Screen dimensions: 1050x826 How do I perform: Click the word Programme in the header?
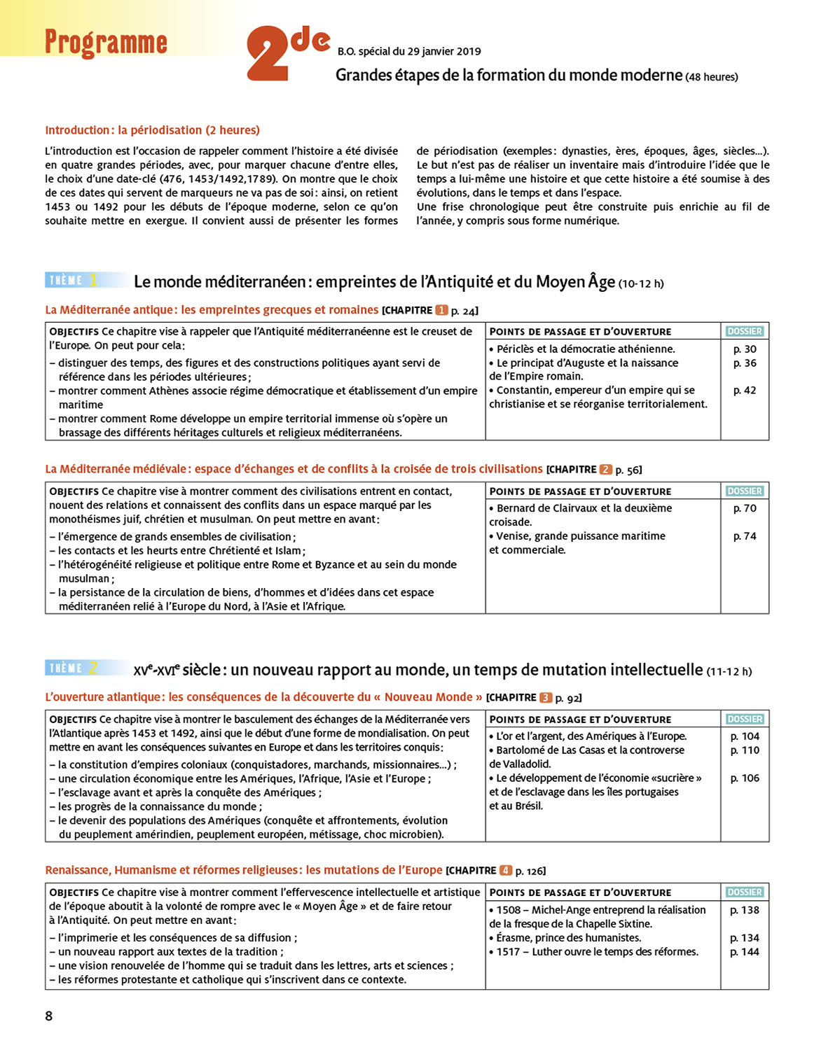point(106,43)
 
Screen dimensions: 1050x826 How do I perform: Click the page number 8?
point(48,1016)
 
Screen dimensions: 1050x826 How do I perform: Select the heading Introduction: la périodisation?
point(152,130)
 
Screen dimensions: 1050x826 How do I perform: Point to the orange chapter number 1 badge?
point(441,310)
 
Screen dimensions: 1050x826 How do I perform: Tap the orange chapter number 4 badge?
point(505,871)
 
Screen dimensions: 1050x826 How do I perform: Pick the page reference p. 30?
point(745,349)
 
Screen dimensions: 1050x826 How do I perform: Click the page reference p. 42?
point(745,391)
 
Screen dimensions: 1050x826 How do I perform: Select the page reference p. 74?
point(745,536)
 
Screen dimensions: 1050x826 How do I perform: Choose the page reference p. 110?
point(745,750)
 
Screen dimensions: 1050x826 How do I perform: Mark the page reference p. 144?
point(745,952)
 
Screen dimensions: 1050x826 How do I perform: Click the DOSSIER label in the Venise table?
point(744,491)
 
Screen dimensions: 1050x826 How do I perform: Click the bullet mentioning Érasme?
point(568,938)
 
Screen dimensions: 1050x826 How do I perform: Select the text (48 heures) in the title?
point(712,77)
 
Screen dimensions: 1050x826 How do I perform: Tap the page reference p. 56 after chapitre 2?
point(628,470)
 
